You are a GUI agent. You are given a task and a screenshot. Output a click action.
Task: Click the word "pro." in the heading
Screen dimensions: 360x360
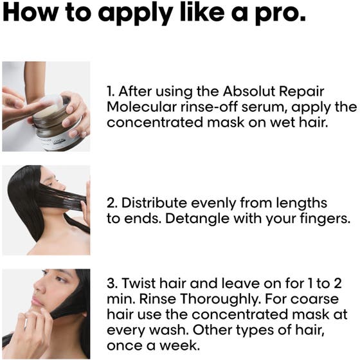point(280,14)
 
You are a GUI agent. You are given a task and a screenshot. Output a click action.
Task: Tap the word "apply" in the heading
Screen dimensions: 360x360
point(135,14)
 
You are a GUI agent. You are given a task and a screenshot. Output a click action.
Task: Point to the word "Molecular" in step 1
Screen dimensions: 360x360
point(142,107)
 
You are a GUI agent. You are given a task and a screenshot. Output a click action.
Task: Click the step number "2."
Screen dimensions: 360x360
point(113,203)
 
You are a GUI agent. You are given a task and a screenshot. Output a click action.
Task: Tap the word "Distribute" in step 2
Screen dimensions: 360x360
point(154,203)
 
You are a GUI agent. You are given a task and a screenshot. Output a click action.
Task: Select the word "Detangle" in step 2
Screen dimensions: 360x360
point(197,219)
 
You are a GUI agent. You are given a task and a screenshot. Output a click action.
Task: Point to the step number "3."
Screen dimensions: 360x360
point(113,283)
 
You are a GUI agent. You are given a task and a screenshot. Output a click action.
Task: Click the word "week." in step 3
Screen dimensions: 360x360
point(179,346)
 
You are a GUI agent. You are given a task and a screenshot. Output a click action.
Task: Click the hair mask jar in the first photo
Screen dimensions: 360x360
point(57,125)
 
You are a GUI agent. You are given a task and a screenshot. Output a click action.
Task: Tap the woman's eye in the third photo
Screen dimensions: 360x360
point(60,280)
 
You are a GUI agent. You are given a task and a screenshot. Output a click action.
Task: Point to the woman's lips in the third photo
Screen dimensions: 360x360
point(36,301)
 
